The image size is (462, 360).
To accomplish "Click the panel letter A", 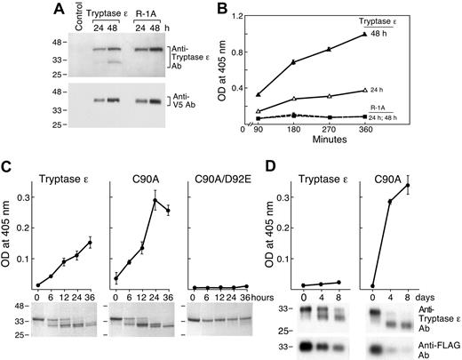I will (x=10, y=10).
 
